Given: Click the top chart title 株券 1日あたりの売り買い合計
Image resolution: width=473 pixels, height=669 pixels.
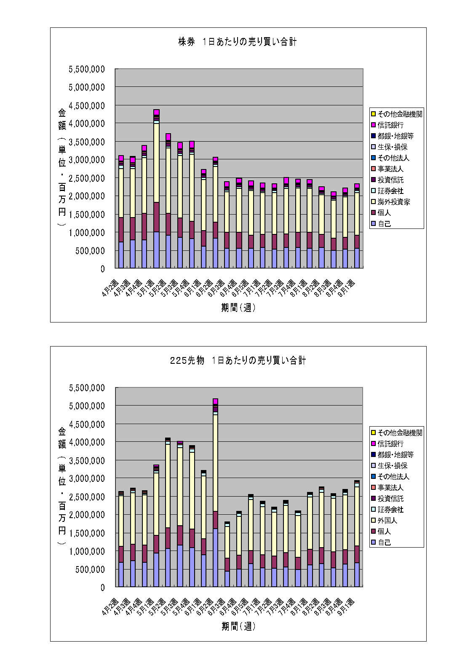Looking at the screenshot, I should (x=237, y=42).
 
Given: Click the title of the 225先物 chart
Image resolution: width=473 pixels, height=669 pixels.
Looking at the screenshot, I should (x=238, y=360).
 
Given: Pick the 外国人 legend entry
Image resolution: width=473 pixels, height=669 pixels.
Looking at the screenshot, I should (x=387, y=521).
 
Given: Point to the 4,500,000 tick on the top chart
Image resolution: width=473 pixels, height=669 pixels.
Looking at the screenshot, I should (x=87, y=105).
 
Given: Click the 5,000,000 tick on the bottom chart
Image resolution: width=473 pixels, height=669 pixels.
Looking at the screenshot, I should (x=87, y=406).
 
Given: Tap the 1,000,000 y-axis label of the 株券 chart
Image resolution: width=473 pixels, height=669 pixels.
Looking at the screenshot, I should (x=87, y=232).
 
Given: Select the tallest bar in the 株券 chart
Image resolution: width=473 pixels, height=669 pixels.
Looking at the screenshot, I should (x=156, y=190).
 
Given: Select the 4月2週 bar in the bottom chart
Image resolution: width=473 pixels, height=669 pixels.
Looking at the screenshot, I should (x=121, y=540).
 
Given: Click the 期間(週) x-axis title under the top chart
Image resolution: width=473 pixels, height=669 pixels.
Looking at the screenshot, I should (x=238, y=308).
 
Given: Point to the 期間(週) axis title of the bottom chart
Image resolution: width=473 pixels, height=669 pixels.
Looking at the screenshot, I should (x=238, y=626).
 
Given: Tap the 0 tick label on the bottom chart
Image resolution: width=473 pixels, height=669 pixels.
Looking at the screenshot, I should (x=102, y=587).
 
